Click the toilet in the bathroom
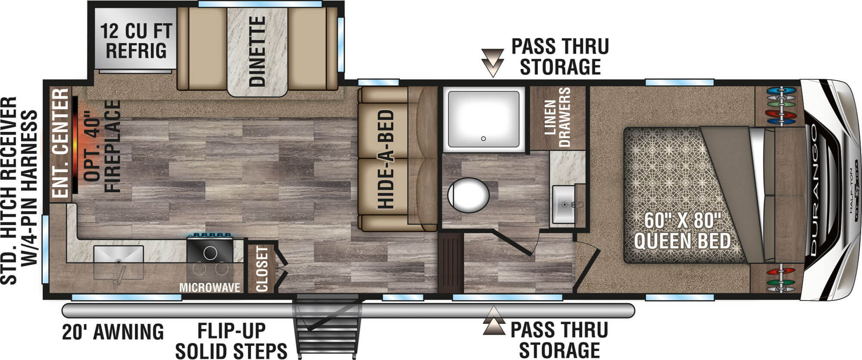pyautogui.click(x=468, y=197)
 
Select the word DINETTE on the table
pyautogui.click(x=257, y=52)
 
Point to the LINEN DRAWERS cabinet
pyautogui.click(x=557, y=117)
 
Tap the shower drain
pyautogui.click(x=484, y=138)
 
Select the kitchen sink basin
pyautogui.click(x=119, y=254)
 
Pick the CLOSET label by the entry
pyautogui.click(x=262, y=269)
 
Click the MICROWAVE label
pyautogui.click(x=209, y=288)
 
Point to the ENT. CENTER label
pyautogui.click(x=61, y=144)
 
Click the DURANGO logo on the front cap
pyautogui.click(x=814, y=189)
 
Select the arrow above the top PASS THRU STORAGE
pyautogui.click(x=493, y=63)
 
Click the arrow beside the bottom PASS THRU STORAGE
pyautogui.click(x=494, y=321)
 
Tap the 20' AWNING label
pyautogui.click(x=113, y=332)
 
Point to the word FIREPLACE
pyautogui.click(x=112, y=146)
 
